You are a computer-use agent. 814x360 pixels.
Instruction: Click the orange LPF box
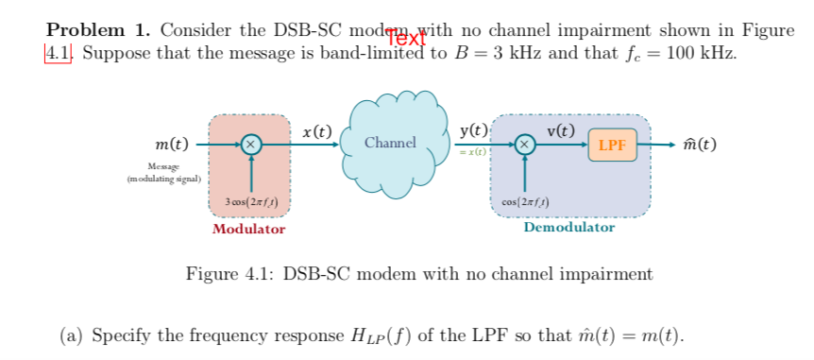click(612, 146)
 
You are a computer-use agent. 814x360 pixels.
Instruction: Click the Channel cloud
click(390, 143)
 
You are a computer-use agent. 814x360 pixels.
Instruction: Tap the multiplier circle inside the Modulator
click(250, 145)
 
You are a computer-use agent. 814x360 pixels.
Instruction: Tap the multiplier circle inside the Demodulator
click(525, 145)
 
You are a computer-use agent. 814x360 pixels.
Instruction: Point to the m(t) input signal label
click(171, 145)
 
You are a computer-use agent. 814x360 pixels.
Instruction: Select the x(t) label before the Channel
click(318, 131)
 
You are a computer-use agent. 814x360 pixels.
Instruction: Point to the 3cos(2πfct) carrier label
click(250, 203)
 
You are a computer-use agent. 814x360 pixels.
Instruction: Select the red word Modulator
click(248, 229)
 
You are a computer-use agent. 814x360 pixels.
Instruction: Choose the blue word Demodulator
click(568, 228)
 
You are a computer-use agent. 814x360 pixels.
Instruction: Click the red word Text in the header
click(408, 39)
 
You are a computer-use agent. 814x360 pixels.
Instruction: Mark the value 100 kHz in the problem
click(700, 53)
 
